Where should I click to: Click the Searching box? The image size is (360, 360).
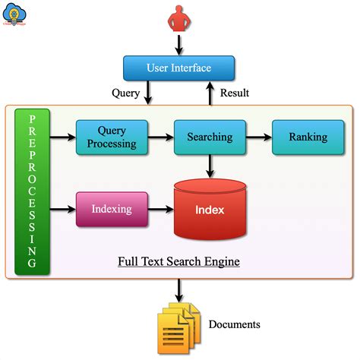(x=209, y=137)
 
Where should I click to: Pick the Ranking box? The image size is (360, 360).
(x=308, y=137)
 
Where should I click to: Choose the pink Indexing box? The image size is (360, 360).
(x=111, y=208)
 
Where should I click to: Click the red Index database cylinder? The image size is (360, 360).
(x=210, y=209)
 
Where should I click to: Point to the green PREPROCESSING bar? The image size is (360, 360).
(x=32, y=191)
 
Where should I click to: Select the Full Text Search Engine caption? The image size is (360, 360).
(x=178, y=262)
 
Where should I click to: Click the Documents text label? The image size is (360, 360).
(x=235, y=324)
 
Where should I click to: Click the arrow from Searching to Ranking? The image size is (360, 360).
(x=257, y=137)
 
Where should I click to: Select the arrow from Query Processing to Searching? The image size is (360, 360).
(x=161, y=137)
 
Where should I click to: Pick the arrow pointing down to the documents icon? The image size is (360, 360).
(x=178, y=289)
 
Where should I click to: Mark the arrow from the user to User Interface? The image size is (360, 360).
(x=178, y=45)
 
